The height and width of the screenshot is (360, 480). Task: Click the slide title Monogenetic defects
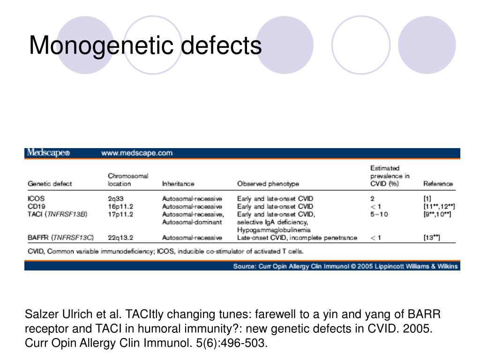pyautogui.click(x=145, y=46)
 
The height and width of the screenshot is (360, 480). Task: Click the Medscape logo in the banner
pyautogui.click(x=49, y=153)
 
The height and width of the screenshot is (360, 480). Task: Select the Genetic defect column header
pyautogui.click(x=50, y=184)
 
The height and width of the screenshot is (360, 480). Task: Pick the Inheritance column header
pyautogui.click(x=178, y=184)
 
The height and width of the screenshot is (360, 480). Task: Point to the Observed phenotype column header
pyautogui.click(x=268, y=184)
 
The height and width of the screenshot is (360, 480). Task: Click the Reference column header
pyautogui.click(x=438, y=184)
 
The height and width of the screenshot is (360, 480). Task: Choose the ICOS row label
pyautogui.click(x=37, y=199)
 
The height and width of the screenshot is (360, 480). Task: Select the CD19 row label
pyautogui.click(x=37, y=206)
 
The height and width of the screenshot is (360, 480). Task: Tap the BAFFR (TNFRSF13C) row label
pyautogui.click(x=60, y=238)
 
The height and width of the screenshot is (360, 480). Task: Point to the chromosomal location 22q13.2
pyautogui.click(x=121, y=238)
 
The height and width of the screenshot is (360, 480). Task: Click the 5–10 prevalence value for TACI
pyautogui.click(x=379, y=214)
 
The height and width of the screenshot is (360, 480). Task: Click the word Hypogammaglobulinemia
pyautogui.click(x=274, y=230)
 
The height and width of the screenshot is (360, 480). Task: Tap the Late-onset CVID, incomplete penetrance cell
pyautogui.click(x=297, y=238)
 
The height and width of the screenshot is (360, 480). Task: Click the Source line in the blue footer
pyautogui.click(x=346, y=266)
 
